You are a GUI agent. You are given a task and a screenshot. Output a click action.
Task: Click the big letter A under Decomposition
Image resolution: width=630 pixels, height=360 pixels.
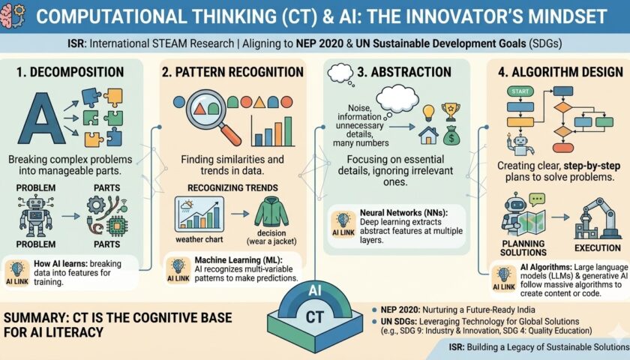click(x=41, y=119)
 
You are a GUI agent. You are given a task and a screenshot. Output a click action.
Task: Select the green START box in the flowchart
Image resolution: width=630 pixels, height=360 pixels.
click(x=520, y=91)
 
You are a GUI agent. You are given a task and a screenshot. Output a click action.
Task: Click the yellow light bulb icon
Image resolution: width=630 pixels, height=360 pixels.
click(x=429, y=113)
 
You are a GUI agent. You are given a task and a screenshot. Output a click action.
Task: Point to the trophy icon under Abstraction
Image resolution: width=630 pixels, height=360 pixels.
click(x=451, y=112)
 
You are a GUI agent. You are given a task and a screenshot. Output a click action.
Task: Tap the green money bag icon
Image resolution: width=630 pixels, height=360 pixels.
click(x=452, y=135)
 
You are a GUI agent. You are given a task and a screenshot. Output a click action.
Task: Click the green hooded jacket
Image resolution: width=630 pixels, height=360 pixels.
click(x=271, y=212)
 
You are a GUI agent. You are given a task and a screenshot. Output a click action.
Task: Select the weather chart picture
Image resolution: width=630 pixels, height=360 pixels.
click(x=199, y=214)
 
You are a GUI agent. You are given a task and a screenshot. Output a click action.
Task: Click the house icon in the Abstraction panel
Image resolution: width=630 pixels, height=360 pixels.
click(x=428, y=134)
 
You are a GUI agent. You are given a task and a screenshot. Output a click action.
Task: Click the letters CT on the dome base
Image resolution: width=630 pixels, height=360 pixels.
click(x=314, y=317)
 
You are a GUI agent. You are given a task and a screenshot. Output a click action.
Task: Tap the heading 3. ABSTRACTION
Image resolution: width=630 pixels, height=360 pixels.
click(x=403, y=72)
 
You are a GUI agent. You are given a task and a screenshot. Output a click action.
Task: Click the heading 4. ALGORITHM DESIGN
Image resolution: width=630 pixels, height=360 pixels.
click(x=560, y=72)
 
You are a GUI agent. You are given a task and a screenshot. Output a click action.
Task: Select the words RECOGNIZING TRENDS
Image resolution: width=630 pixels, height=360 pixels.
click(x=232, y=188)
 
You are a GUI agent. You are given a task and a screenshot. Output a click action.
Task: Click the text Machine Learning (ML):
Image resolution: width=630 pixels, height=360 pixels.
click(x=238, y=260)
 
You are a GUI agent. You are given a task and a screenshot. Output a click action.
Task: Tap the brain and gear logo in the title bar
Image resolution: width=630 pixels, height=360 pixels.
click(x=13, y=15)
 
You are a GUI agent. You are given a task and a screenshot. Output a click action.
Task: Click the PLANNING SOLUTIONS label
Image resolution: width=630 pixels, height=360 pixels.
click(x=523, y=248)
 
